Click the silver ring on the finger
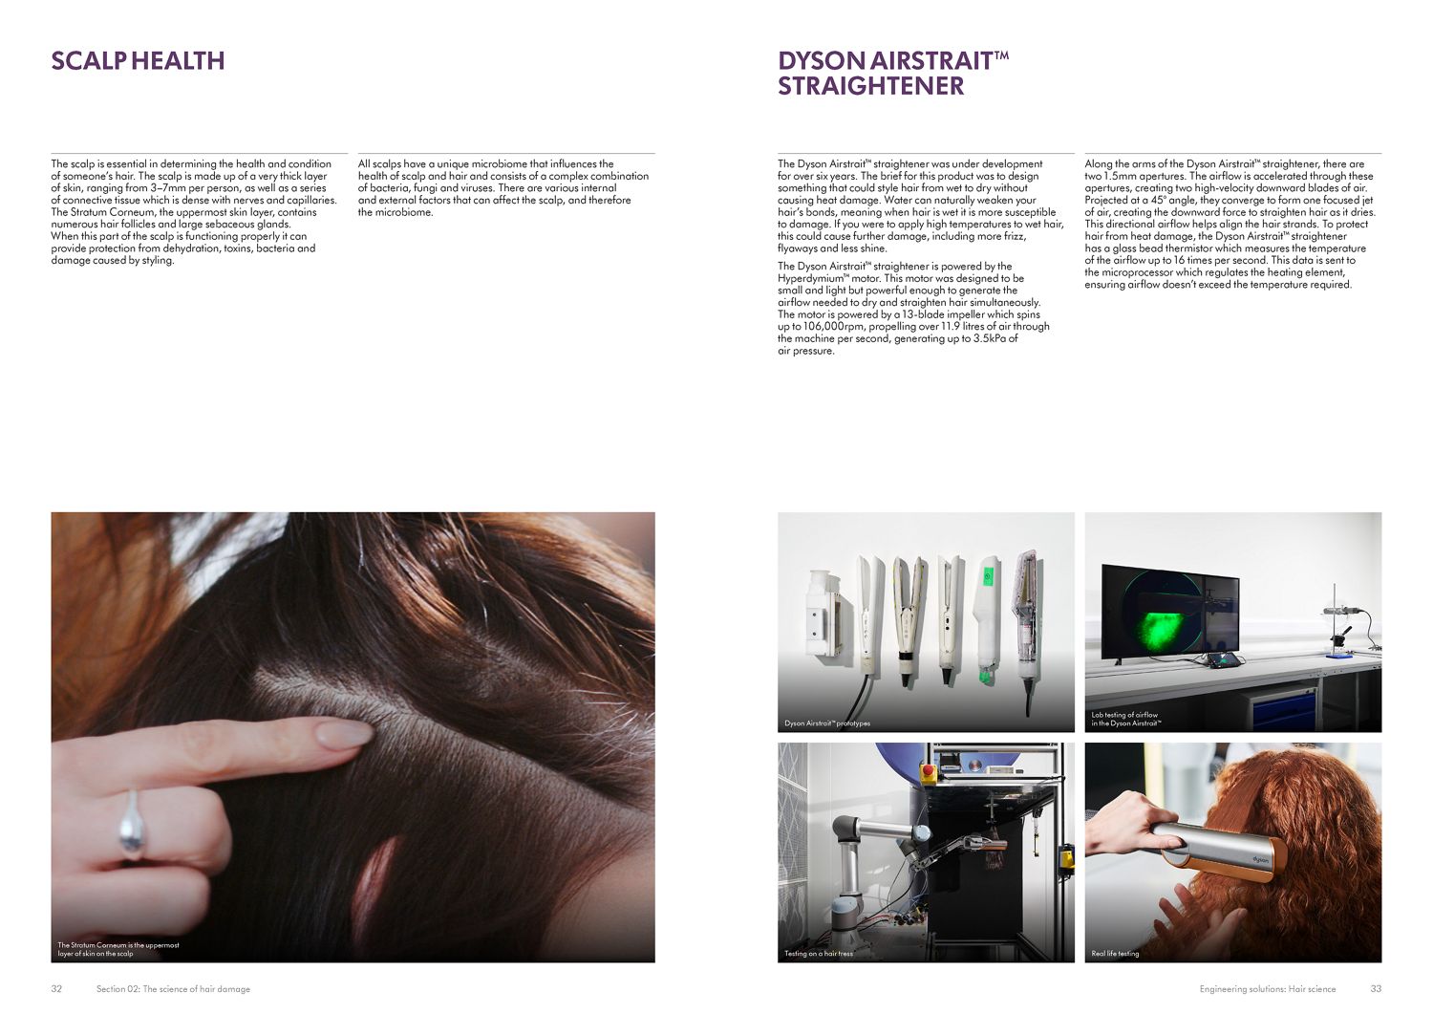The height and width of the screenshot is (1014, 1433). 131,824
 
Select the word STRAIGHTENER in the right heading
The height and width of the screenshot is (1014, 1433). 870,86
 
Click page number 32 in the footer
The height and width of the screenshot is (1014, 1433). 56,989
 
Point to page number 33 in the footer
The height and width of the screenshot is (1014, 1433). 1376,989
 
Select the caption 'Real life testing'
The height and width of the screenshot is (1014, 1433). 1115,954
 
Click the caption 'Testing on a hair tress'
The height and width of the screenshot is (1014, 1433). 819,954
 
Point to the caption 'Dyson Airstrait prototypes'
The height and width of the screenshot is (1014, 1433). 827,723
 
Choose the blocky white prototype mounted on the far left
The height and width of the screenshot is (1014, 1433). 821,612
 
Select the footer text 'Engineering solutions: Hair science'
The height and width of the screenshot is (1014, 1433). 1268,989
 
